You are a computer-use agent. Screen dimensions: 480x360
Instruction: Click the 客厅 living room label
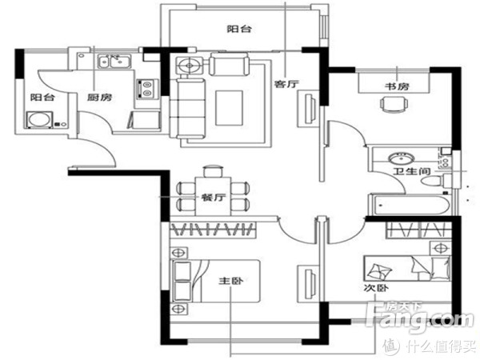[286, 83]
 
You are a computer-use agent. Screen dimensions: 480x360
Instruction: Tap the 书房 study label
[397, 86]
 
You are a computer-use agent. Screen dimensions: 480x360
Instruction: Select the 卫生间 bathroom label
[412, 171]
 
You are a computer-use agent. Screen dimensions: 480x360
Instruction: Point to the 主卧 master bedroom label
[231, 281]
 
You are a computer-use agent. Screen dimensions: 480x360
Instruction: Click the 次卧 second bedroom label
[376, 288]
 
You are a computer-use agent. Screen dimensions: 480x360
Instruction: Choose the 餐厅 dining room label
[214, 197]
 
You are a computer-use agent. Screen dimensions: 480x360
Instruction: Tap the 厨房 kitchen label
[99, 98]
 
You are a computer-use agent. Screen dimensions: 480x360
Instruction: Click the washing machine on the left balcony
[39, 120]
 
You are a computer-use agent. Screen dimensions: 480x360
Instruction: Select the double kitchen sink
[114, 61]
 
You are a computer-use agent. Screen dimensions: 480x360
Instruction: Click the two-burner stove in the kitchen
[148, 89]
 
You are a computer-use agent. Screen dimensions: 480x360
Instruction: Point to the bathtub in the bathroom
[410, 206]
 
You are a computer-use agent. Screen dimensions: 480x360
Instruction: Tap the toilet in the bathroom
[434, 181]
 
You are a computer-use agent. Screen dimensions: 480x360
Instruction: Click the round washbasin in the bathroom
[402, 158]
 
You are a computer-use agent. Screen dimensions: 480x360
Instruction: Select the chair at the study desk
[394, 104]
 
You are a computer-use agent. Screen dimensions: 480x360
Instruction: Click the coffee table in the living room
[229, 108]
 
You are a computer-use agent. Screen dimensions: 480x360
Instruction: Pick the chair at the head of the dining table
[213, 171]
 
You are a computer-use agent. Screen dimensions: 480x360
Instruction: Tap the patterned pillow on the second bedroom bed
[379, 271]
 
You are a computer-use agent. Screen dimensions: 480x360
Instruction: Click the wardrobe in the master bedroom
[213, 230]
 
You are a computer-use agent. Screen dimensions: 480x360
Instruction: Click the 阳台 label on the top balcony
[239, 29]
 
